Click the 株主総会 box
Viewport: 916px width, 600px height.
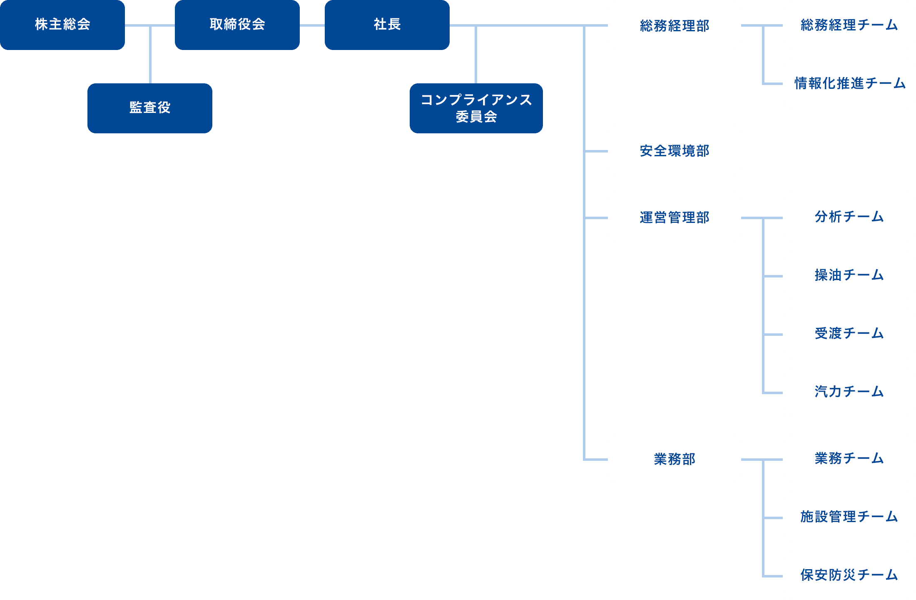62,25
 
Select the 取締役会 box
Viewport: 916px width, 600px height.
237,25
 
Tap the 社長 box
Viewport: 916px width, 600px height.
387,25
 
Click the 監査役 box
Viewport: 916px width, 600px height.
150,108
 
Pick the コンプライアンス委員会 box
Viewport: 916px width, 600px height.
476,108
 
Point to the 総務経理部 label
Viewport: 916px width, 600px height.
675,26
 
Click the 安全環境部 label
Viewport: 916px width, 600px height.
675,151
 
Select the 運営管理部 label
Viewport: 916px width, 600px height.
675,217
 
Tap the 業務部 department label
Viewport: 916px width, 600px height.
675,459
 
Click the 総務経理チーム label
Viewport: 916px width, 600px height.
849,25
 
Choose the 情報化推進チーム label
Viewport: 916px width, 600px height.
850,83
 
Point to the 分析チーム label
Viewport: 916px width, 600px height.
849,217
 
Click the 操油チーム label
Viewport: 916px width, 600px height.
849,275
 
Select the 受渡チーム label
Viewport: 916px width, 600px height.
849,333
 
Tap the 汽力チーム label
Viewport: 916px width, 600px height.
849,392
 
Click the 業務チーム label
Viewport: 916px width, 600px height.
849,458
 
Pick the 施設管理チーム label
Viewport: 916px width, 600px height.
849,517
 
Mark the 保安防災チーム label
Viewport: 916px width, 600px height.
849,575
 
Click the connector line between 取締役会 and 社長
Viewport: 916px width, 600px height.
312,25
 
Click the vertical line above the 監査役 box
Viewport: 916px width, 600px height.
150,55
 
